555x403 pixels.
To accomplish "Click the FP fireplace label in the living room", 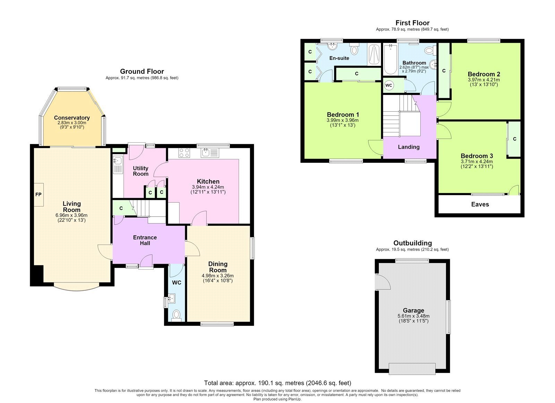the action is (x=38, y=194).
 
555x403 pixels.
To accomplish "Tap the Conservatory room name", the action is (x=72, y=118).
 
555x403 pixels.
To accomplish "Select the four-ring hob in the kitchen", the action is (x=185, y=153).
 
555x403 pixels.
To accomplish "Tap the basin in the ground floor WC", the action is (x=172, y=299).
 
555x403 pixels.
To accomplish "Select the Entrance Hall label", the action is (x=145, y=240).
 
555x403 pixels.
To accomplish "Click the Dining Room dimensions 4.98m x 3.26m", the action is (x=217, y=275).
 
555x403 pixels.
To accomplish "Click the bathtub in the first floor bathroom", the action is (x=391, y=59).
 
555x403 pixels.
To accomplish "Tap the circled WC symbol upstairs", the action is (x=388, y=85).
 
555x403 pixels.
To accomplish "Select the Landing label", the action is (x=409, y=147).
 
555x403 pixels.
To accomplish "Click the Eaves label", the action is (x=480, y=204).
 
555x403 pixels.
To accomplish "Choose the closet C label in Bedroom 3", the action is (x=515, y=139).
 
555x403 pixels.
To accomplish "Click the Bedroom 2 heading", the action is (x=484, y=74).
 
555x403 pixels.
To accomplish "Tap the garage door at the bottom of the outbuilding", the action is (x=412, y=369).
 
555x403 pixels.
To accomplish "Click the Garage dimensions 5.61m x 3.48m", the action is (x=413, y=316).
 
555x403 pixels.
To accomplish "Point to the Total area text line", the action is (x=277, y=383).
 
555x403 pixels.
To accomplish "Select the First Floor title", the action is (x=412, y=23).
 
